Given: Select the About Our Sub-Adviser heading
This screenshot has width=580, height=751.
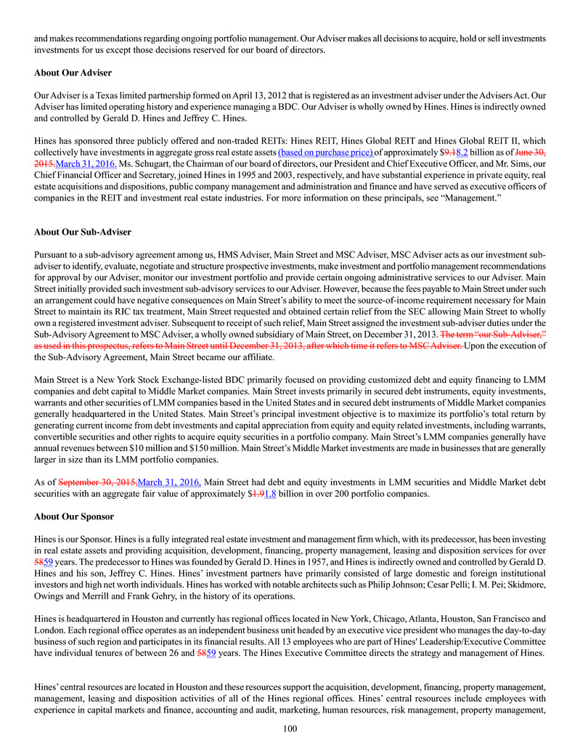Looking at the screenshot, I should coord(83,232).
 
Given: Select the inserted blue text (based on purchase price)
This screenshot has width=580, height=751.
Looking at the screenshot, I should coord(326,153).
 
